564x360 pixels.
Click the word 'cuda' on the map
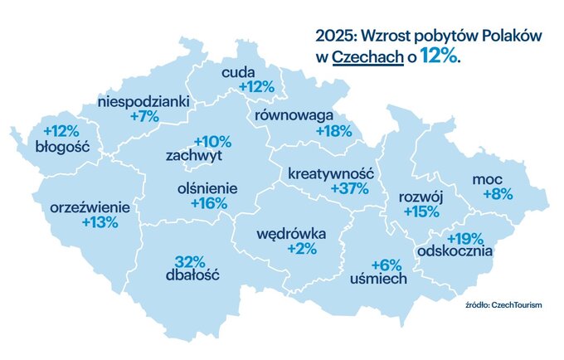pos(238,72)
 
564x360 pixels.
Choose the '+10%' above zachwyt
pos(212,141)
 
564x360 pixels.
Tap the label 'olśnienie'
pos(207,188)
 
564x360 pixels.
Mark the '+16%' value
pos(207,203)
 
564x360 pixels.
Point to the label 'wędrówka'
pos(291,233)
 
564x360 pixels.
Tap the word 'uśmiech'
pos(378,279)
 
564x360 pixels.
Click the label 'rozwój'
pos(421,197)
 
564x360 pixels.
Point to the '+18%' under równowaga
pos(334,131)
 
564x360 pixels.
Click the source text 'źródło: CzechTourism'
pos(503,305)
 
